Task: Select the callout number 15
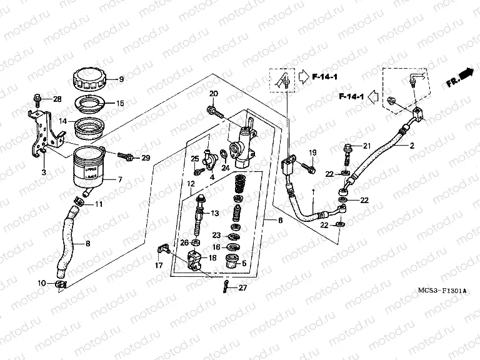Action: (x=121, y=103)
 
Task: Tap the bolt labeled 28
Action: (x=37, y=99)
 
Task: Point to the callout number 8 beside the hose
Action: (x=87, y=243)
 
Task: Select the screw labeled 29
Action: (x=129, y=157)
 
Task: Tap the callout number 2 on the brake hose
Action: (x=412, y=146)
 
